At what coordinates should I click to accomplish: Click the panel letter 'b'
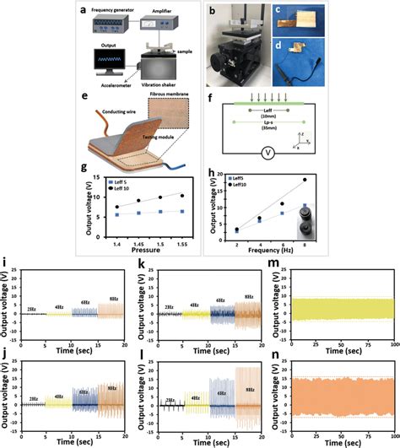tap(221, 10)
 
